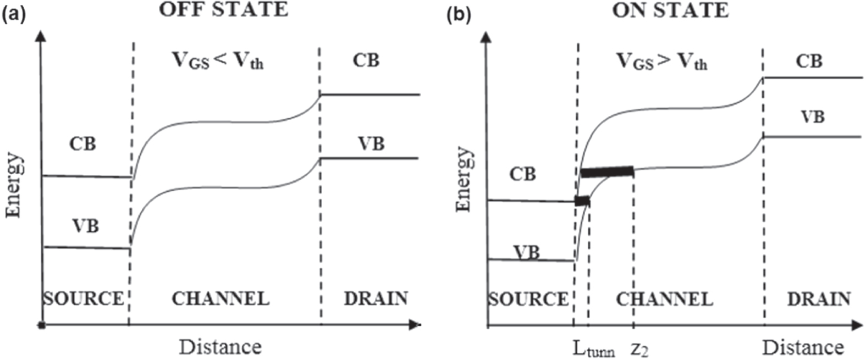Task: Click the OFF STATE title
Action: (223, 10)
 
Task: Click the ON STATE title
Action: (670, 10)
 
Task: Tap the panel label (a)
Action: (14, 15)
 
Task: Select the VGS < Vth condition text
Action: (218, 61)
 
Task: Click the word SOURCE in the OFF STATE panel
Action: (84, 298)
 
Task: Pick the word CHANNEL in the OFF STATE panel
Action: (220, 298)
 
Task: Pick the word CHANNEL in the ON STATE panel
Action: (664, 299)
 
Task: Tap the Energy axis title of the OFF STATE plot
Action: (14, 186)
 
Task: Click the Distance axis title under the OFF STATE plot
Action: (220, 347)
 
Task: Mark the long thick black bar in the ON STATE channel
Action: (608, 172)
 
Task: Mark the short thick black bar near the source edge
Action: (582, 201)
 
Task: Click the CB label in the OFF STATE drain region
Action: (366, 60)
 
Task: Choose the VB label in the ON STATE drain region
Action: (812, 117)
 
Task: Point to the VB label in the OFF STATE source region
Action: (85, 225)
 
